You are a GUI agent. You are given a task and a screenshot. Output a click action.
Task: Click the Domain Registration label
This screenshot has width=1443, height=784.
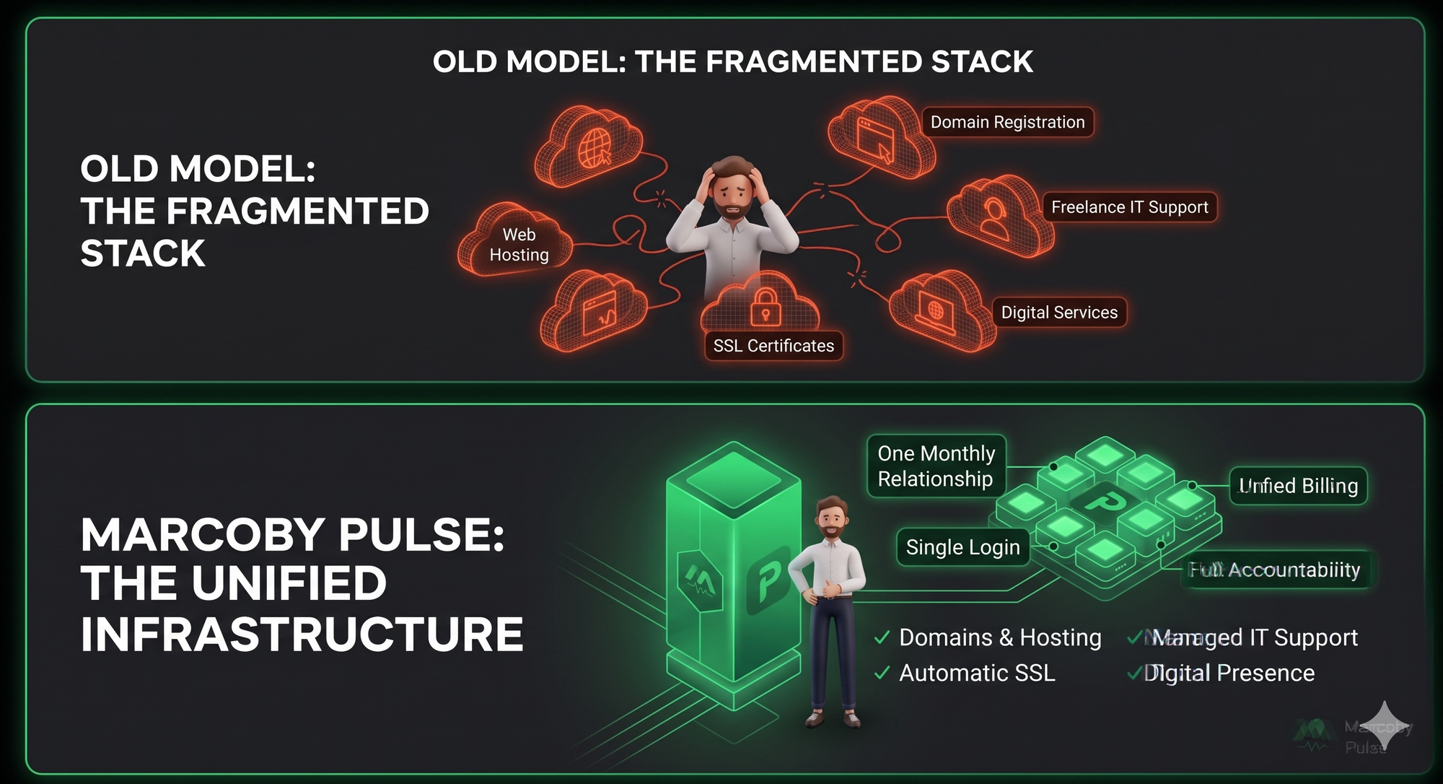[1007, 122]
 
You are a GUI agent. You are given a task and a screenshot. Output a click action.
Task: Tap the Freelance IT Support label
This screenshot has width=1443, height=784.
[1129, 207]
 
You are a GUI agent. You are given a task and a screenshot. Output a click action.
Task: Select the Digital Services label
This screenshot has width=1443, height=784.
[1059, 313]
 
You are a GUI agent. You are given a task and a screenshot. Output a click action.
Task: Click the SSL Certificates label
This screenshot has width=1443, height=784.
[773, 346]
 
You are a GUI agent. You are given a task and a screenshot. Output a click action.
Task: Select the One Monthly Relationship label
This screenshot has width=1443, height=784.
[936, 466]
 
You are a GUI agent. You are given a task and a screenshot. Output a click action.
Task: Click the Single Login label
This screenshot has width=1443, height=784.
[962, 547]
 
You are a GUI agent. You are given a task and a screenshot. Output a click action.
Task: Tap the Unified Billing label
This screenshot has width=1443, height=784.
[1298, 486]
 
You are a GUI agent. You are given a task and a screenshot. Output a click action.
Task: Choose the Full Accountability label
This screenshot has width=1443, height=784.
[1275, 570]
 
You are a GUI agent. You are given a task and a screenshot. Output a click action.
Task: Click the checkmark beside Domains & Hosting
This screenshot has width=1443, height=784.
[881, 637]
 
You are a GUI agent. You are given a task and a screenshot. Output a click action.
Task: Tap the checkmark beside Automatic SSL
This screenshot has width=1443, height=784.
[881, 673]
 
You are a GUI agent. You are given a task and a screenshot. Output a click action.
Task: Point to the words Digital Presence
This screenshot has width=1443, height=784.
[1229, 673]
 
